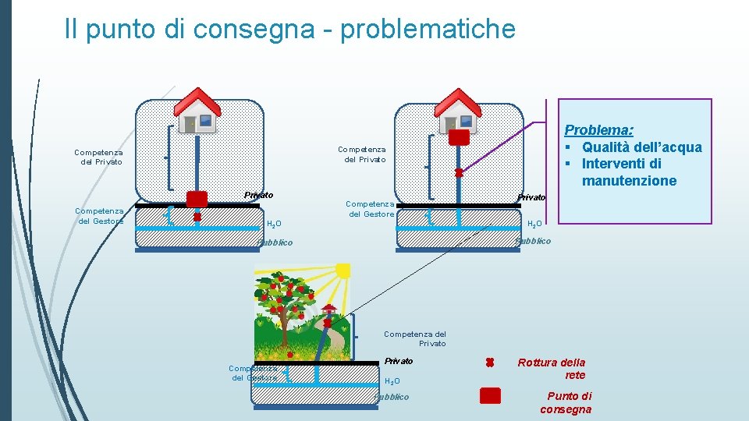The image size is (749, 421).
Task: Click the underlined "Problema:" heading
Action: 598,130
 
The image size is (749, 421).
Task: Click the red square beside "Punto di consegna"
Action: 490,396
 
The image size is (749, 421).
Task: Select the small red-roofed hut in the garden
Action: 328,313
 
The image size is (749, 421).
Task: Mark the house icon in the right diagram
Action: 457,111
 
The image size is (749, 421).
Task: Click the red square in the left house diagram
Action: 197,199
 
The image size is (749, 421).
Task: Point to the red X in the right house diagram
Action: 460,172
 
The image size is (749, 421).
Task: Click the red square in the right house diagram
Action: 459,138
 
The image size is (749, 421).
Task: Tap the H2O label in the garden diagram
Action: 392,381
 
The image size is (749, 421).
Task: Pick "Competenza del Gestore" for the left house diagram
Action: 99,215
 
